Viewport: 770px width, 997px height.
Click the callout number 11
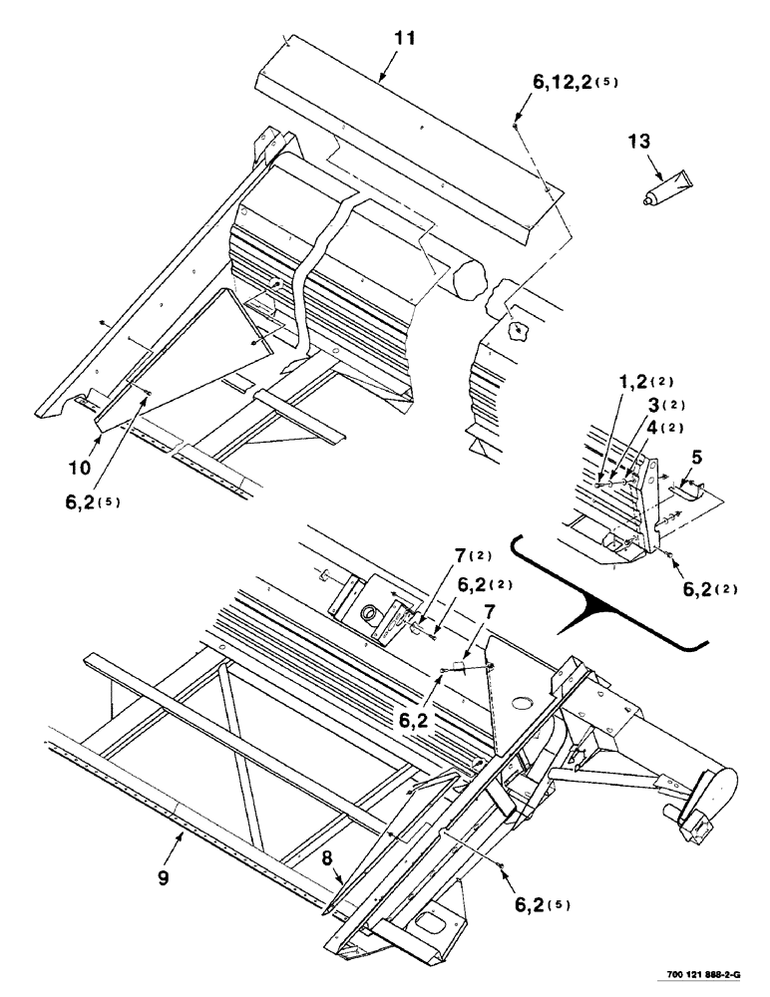pyautogui.click(x=380, y=39)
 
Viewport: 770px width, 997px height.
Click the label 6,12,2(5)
pyautogui.click(x=575, y=85)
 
